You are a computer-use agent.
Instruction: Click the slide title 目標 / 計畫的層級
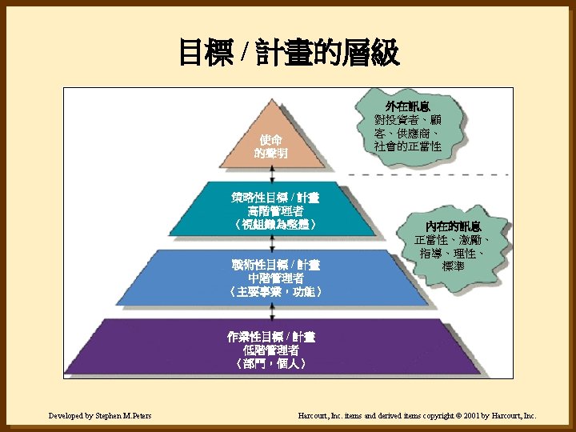[x=288, y=54]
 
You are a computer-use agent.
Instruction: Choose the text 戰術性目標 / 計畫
[x=274, y=265]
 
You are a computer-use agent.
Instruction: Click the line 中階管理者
[x=274, y=278]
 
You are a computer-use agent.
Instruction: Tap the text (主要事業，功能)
[x=274, y=293]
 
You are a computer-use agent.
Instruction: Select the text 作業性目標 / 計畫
[x=270, y=336]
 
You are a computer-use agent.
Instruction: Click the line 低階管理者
[x=270, y=350]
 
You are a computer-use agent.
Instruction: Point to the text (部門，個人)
[x=270, y=364]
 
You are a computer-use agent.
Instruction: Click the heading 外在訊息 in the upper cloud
[x=408, y=106]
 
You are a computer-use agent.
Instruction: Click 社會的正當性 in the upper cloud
[x=408, y=146]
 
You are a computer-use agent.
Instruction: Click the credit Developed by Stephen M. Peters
[x=100, y=416]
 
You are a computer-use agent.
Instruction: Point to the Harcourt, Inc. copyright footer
[x=417, y=416]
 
